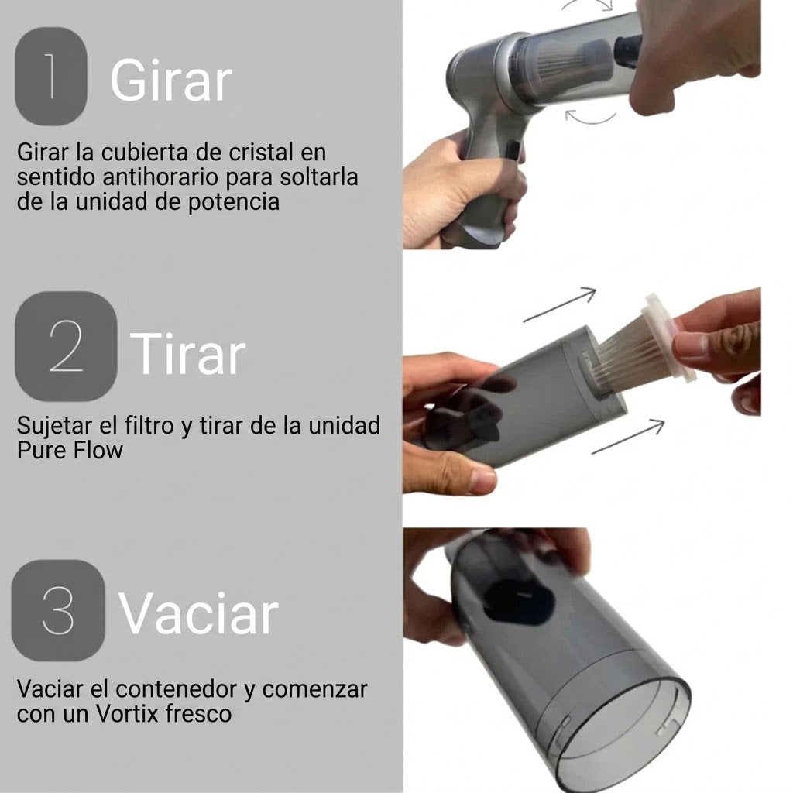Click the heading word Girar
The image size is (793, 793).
point(171,81)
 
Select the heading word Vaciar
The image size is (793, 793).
point(198,613)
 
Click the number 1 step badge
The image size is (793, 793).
point(51,77)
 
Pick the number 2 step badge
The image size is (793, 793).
point(67,346)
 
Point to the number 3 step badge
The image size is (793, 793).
point(58,610)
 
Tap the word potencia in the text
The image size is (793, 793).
point(234,202)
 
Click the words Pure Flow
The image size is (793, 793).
point(70,450)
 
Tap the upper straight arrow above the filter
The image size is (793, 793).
point(560,304)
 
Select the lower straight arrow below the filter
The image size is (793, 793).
point(627,437)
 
